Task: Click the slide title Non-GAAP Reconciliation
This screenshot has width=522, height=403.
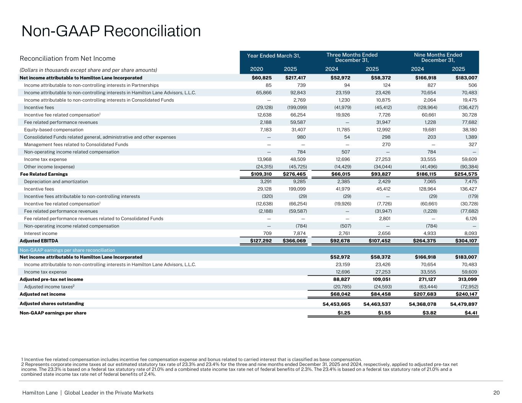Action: click(111, 31)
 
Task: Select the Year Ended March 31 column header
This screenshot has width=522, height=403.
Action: click(273, 56)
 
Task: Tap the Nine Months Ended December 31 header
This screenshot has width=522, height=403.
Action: click(438, 57)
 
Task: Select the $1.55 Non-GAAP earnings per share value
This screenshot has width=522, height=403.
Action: click(383, 313)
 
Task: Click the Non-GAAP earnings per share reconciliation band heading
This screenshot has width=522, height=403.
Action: click(67, 250)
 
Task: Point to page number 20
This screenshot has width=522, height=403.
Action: click(496, 393)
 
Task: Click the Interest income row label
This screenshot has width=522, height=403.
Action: click(41, 233)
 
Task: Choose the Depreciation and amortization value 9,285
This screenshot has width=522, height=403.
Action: click(299, 181)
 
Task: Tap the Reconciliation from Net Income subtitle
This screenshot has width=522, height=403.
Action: click(67, 58)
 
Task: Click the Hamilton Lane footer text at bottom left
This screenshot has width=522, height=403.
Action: click(88, 393)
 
